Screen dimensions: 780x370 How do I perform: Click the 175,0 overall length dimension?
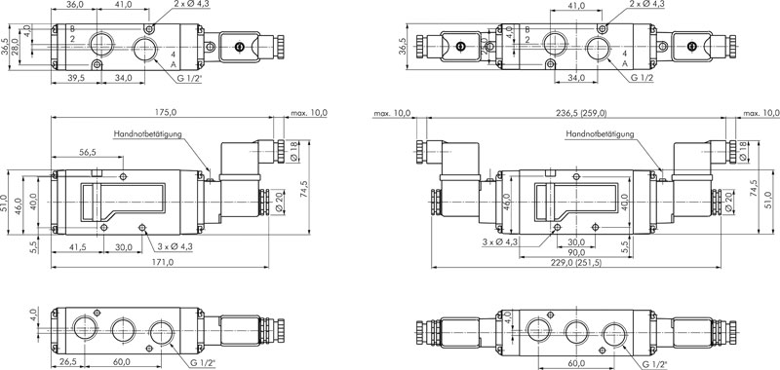coord(165,112)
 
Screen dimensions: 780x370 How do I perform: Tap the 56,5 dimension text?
coord(87,153)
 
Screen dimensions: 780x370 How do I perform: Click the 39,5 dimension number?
coord(76,78)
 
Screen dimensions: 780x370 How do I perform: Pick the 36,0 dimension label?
coord(74,5)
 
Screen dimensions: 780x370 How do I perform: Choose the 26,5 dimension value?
coord(67,361)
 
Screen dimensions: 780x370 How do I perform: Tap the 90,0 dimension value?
coord(575,253)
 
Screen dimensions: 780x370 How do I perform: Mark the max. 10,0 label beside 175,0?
coord(309,113)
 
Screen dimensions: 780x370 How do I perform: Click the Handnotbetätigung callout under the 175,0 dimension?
coord(148,134)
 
